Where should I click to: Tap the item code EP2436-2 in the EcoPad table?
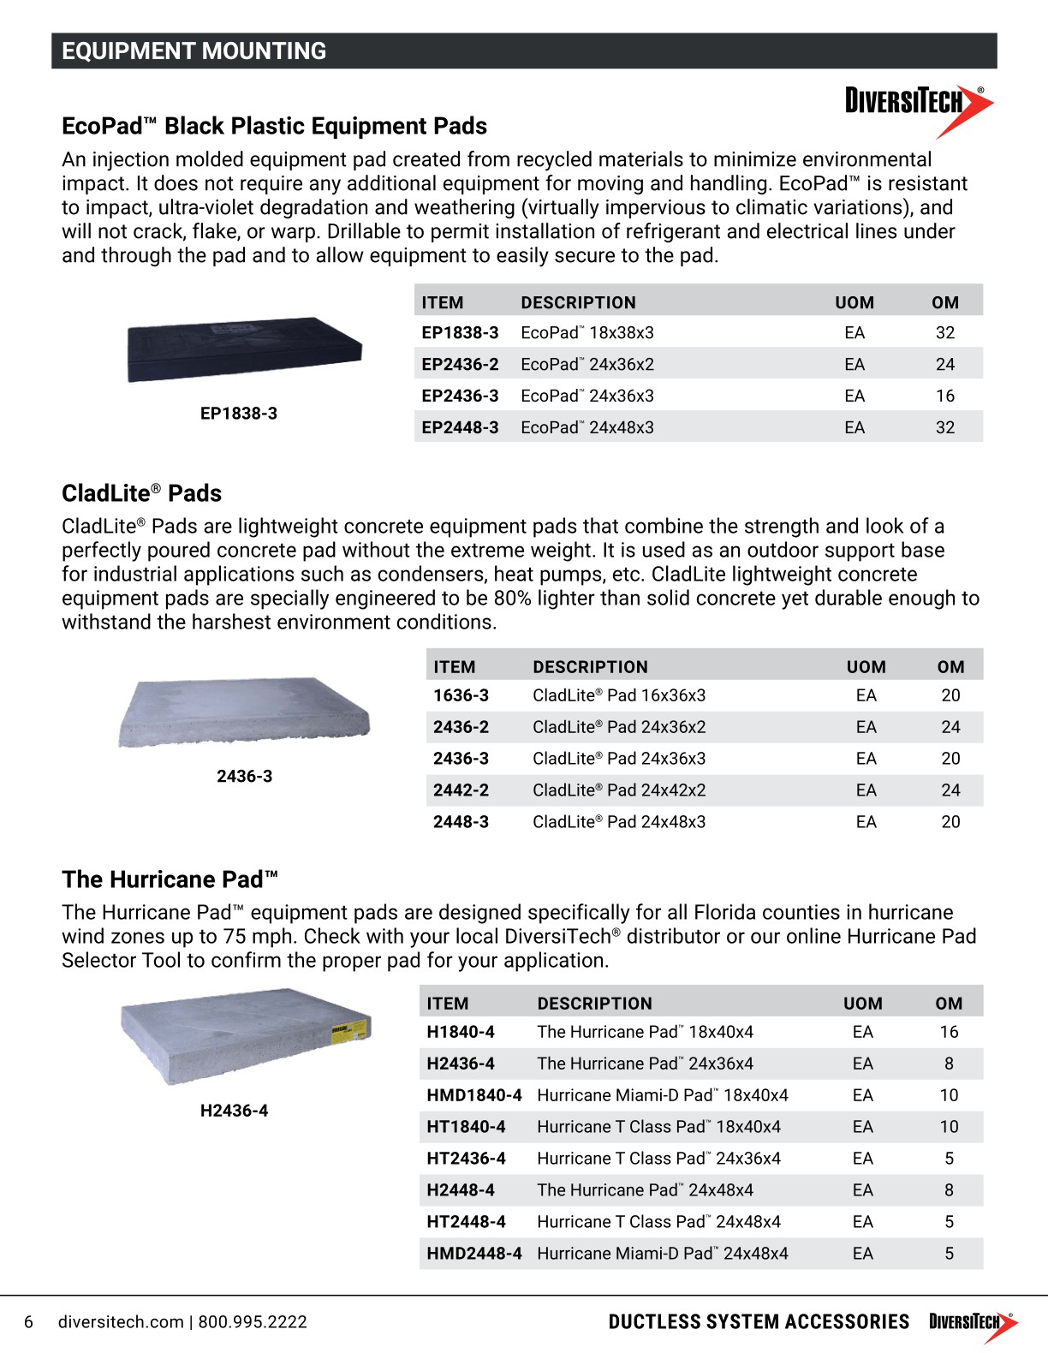point(460,364)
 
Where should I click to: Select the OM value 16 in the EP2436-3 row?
point(944,396)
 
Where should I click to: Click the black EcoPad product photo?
point(244,349)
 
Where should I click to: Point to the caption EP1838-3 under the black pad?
point(239,414)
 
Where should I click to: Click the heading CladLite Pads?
point(141,493)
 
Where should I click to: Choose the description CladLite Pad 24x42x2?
point(619,790)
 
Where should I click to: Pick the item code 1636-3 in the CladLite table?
point(461,695)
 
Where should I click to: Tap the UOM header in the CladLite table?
point(866,667)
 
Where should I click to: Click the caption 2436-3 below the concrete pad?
point(244,777)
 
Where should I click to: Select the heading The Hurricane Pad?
point(170,879)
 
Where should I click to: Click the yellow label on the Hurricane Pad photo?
point(349,1030)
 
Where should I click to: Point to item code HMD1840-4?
point(473,1095)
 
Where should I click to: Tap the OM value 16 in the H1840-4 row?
point(949,1032)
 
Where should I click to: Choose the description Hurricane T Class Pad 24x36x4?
point(658,1159)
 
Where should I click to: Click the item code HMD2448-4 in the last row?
point(473,1254)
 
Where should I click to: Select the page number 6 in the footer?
point(28,1322)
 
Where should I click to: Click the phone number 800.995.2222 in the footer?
point(253,1322)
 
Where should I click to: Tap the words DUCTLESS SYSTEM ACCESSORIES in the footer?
point(759,1322)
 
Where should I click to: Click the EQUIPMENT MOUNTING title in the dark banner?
point(194,51)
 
